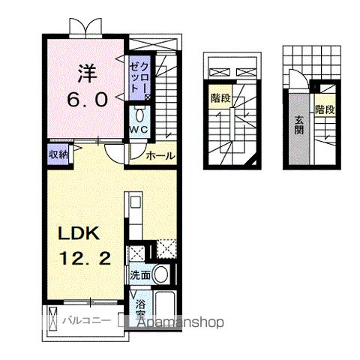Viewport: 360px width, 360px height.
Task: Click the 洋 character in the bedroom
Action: [86, 76]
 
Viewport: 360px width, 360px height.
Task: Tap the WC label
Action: [138, 130]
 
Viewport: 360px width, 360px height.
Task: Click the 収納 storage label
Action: [59, 155]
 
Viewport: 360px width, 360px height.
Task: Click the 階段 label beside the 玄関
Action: [324, 109]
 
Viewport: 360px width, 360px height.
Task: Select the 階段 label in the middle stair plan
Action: [220, 97]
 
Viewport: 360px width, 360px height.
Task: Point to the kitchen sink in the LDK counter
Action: [136, 202]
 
